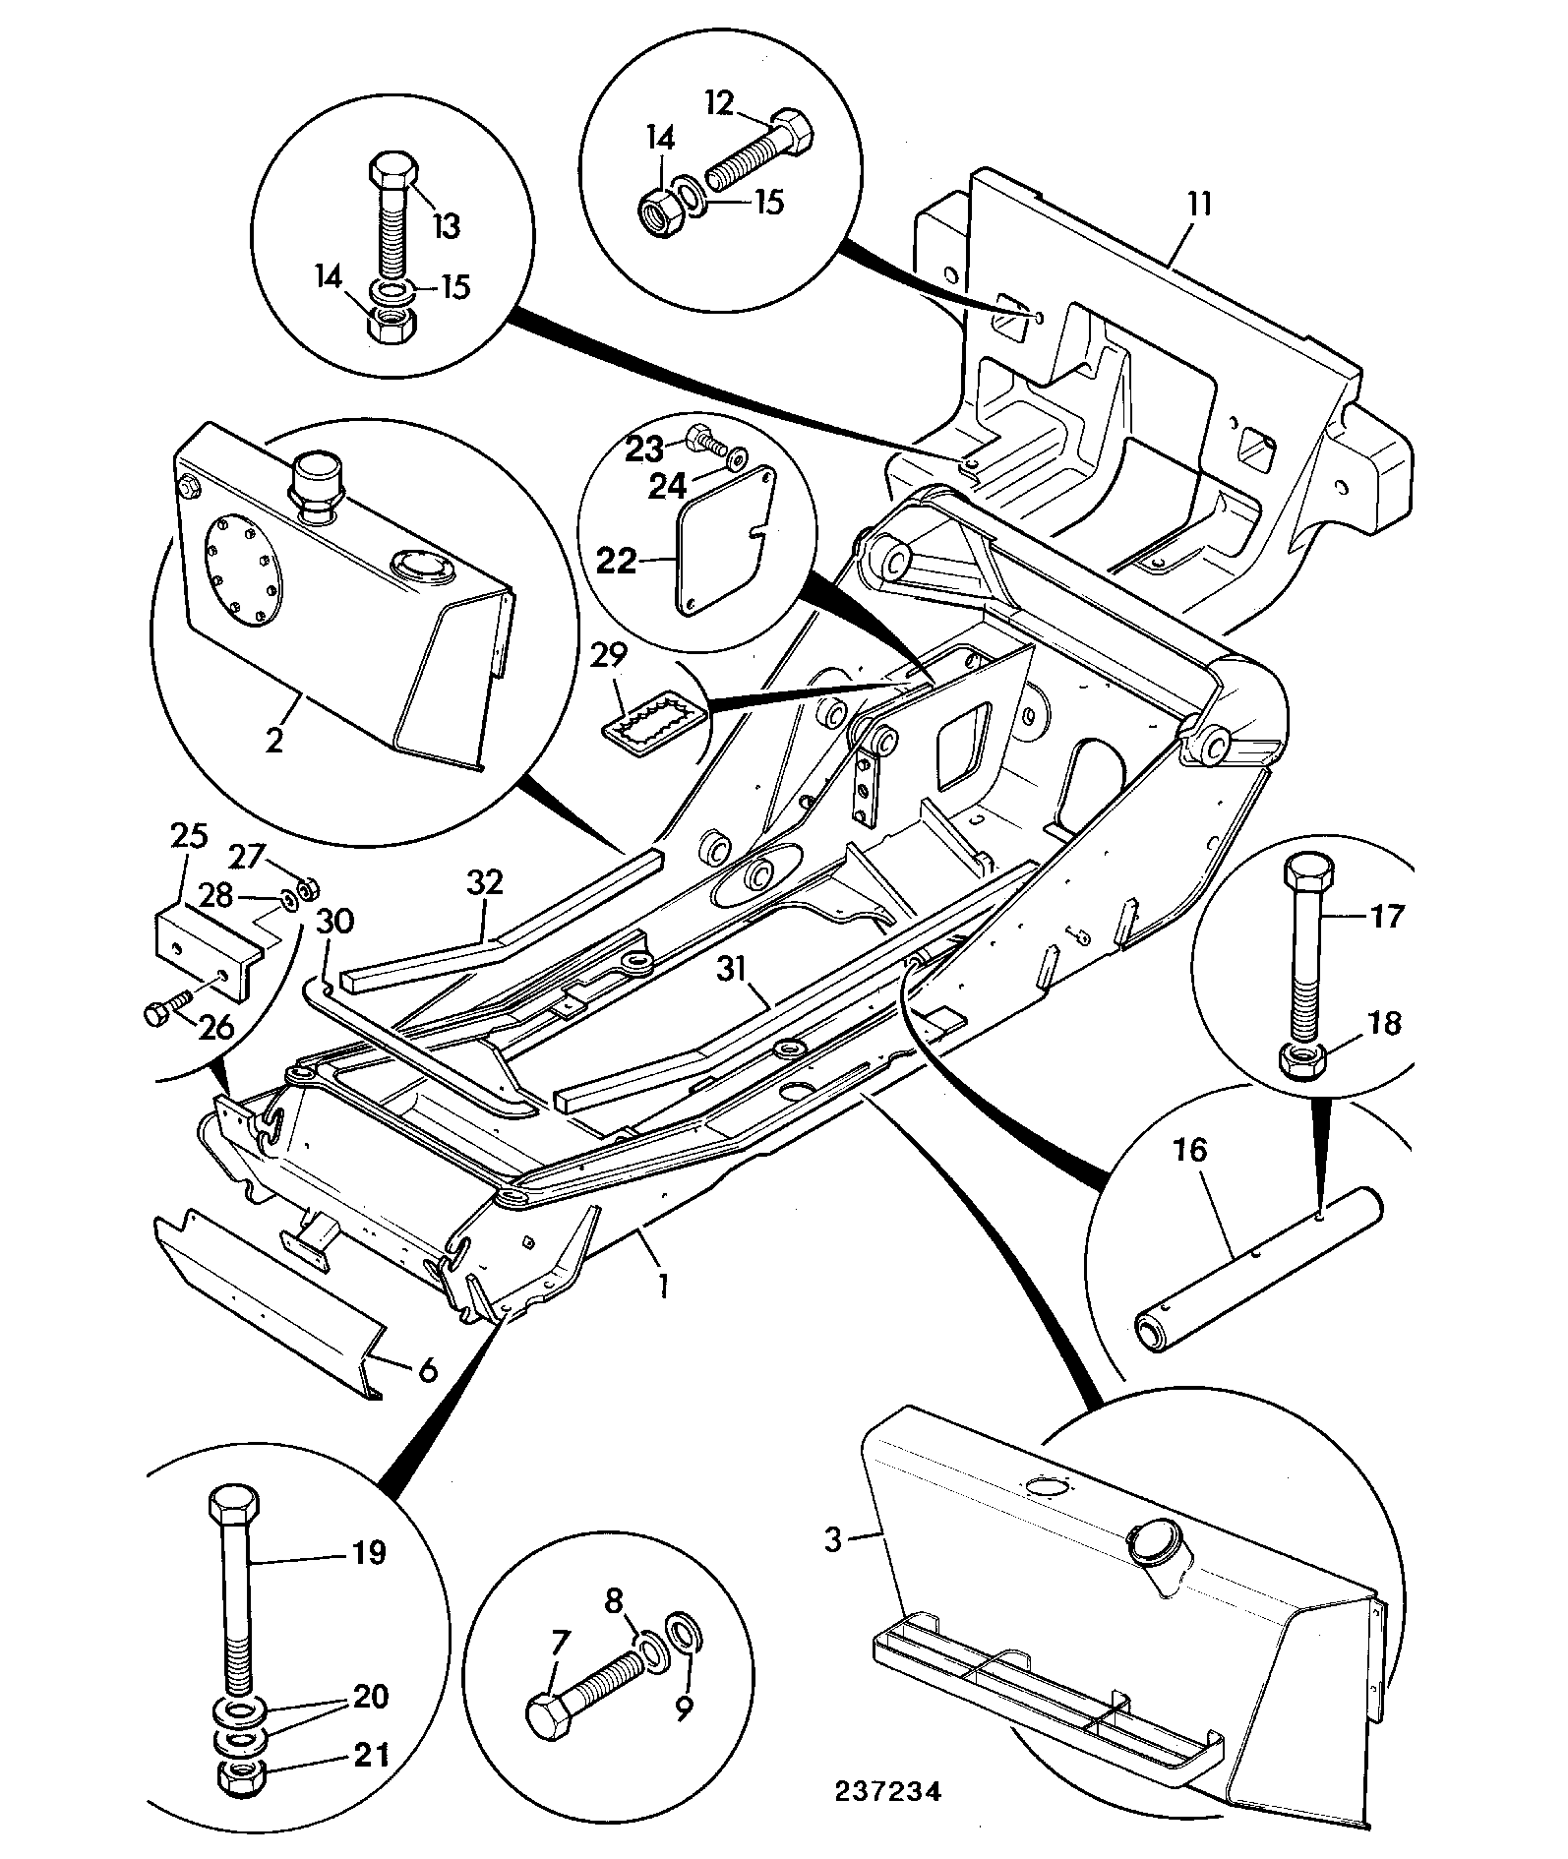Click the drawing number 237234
tap(888, 1791)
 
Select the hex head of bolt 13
tap(393, 173)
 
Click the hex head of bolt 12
tap(792, 134)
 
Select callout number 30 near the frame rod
tap(336, 922)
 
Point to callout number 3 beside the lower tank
tap(834, 1539)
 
